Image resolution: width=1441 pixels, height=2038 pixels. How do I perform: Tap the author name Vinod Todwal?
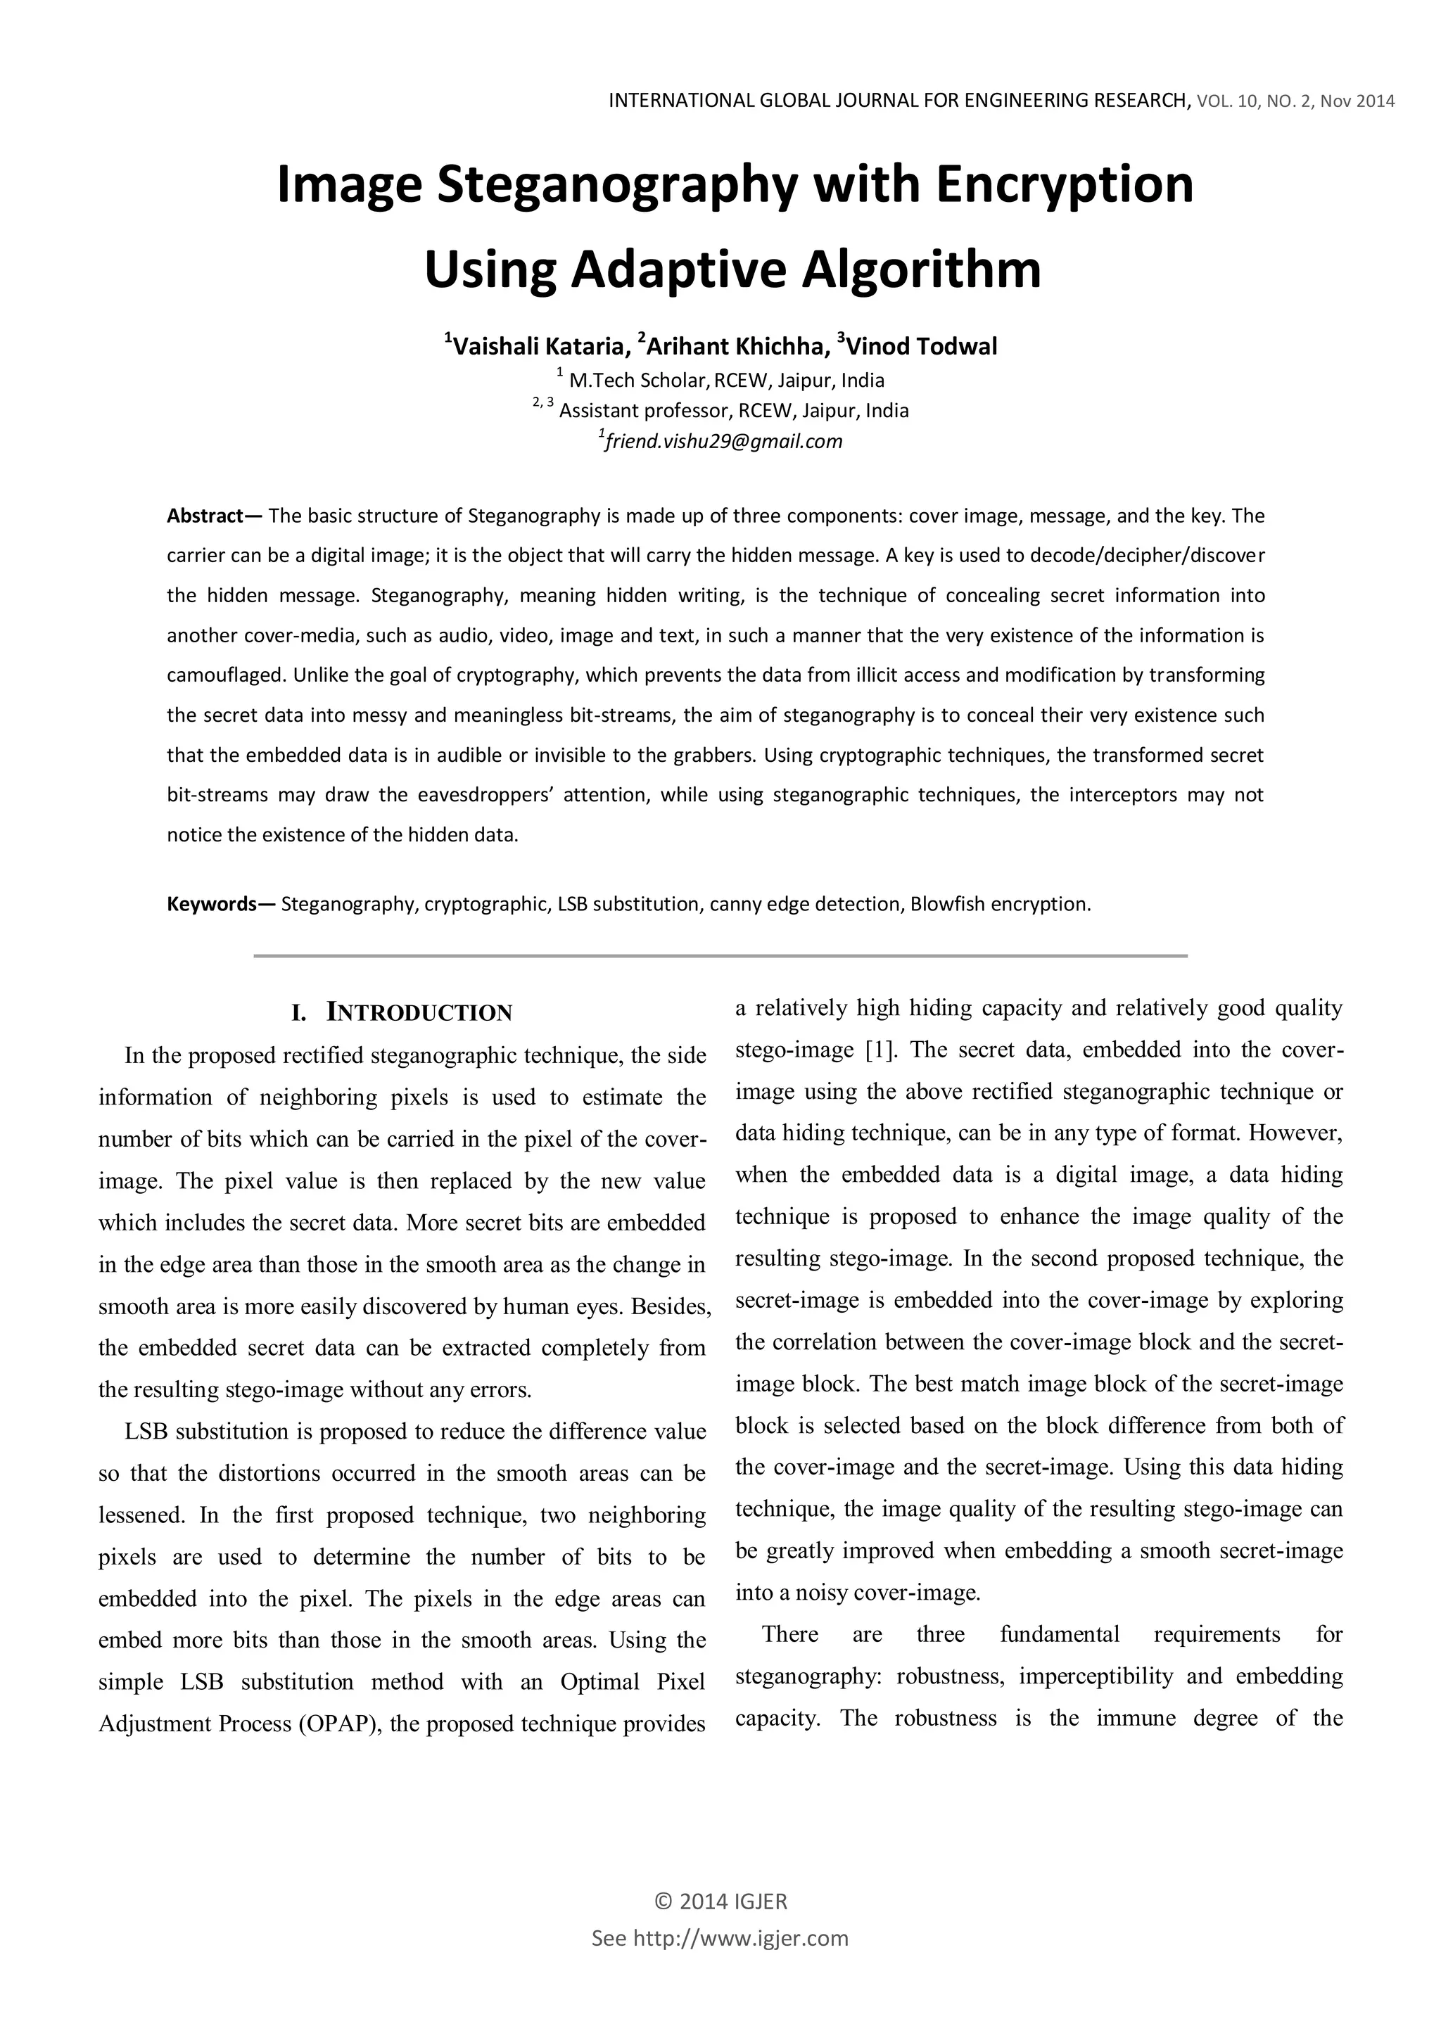[x=922, y=346]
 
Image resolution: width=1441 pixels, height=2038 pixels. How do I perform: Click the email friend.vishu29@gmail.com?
[x=723, y=441]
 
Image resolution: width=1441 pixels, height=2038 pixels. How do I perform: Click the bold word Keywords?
[x=211, y=905]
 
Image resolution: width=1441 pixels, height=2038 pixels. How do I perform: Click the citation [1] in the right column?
[x=881, y=1050]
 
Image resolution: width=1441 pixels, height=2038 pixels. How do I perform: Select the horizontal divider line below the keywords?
[x=720, y=956]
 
